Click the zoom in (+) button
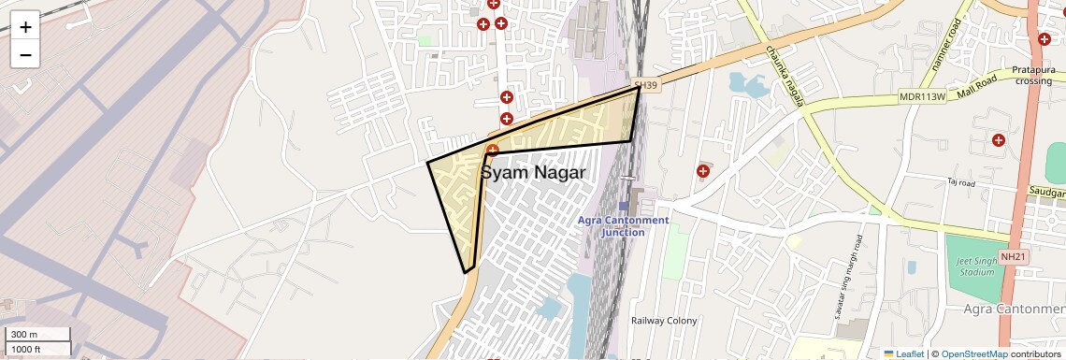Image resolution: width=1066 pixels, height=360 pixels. (25, 27)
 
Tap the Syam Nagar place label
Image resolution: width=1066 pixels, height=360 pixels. (533, 173)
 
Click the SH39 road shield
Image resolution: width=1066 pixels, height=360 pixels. (646, 84)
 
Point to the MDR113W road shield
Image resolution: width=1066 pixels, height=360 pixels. (921, 95)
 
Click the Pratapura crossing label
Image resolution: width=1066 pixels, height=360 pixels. (1033, 75)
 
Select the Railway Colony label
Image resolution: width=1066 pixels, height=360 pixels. (664, 321)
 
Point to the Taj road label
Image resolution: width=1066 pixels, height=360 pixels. (960, 182)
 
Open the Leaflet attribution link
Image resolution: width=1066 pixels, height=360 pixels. (903, 353)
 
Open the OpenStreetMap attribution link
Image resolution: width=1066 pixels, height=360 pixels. (973, 353)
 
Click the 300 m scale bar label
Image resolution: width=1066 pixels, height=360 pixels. (25, 335)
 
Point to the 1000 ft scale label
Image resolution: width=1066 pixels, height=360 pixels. (26, 350)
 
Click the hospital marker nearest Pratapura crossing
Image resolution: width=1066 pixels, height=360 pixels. (1044, 39)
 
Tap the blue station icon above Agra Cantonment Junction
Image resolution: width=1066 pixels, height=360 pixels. (624, 206)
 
